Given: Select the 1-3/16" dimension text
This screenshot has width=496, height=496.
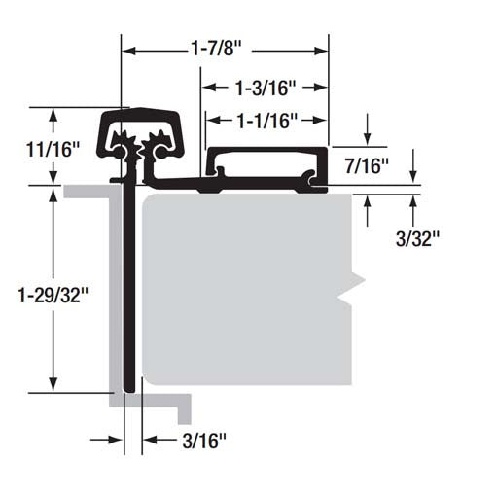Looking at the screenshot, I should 265,89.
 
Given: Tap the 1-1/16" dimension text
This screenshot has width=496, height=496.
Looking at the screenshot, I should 266,120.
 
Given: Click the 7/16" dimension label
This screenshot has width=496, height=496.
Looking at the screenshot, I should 368,166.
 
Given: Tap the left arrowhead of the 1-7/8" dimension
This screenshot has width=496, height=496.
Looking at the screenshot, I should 128,45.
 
